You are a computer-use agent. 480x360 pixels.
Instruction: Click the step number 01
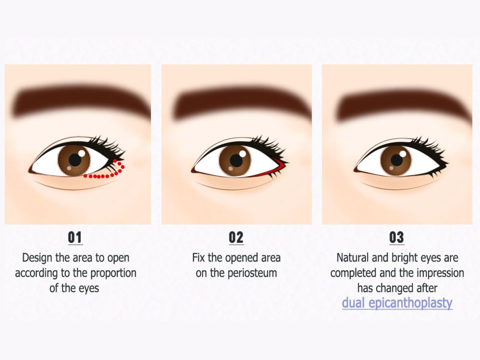[75, 237]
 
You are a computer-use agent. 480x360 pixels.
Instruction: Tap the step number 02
[236, 237]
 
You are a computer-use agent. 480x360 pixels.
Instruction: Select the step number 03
[396, 237]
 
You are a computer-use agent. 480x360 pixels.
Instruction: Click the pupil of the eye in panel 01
[75, 160]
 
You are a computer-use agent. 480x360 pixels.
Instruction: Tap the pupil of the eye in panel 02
[236, 161]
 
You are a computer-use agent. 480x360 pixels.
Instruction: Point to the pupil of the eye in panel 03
[397, 160]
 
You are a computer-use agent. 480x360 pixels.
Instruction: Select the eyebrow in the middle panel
[242, 102]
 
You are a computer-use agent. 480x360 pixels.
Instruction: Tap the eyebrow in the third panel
[404, 102]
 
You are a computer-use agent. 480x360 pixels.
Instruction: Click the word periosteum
[252, 273]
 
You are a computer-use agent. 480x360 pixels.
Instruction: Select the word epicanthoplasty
[410, 303]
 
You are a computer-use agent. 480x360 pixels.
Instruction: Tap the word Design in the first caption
[37, 258]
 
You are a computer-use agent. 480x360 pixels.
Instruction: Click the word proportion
[113, 273]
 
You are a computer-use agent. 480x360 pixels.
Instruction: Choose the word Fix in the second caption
[198, 258]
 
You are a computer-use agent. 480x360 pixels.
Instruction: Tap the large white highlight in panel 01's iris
[82, 153]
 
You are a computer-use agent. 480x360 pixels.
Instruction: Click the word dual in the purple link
[353, 302]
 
